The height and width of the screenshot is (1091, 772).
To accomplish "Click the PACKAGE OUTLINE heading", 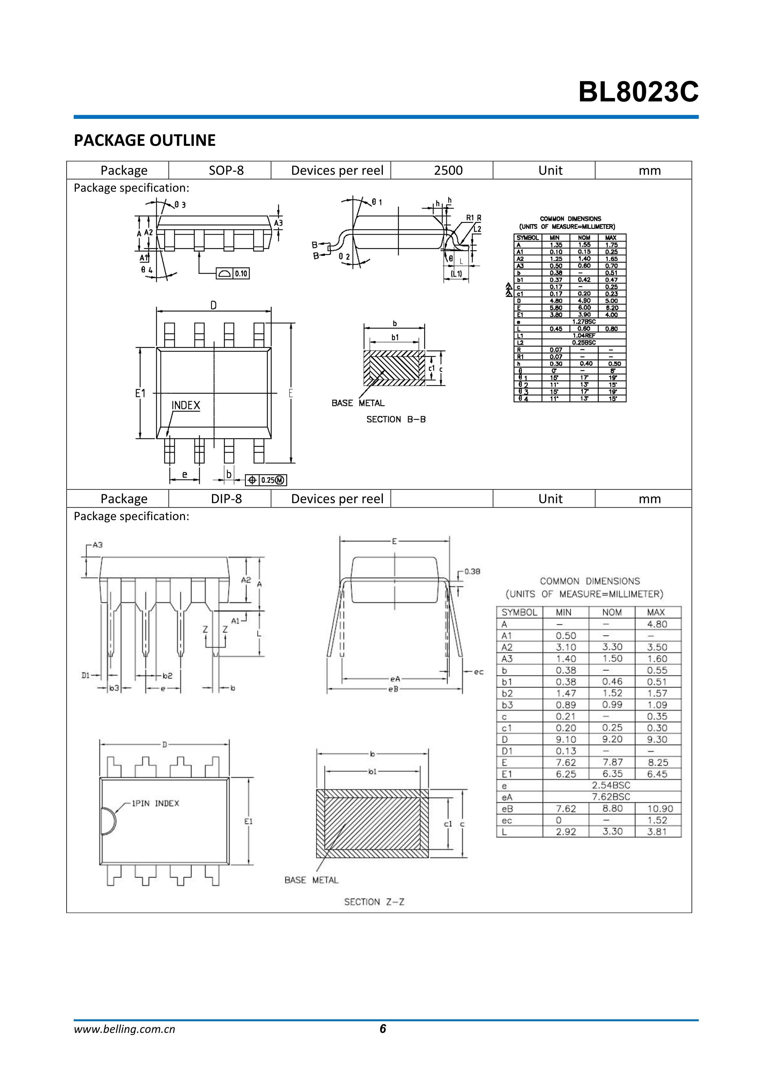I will (x=144, y=140).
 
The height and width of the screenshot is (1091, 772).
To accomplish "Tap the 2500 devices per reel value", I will (x=448, y=170).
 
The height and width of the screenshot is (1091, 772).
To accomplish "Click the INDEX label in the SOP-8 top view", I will (x=186, y=405).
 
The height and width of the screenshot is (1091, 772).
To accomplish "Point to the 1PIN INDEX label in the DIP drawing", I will (x=155, y=803).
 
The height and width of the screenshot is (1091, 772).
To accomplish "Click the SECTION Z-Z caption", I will (x=374, y=902).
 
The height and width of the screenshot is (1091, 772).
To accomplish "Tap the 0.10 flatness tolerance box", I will (x=233, y=274).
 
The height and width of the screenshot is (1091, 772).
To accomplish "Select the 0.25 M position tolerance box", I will (x=266, y=480).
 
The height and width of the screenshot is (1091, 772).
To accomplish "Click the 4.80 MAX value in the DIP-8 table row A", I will (x=657, y=624).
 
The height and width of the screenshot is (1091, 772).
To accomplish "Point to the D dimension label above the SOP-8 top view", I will (x=214, y=305).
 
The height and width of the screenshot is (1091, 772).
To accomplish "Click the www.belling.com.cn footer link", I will (x=125, y=1042).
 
